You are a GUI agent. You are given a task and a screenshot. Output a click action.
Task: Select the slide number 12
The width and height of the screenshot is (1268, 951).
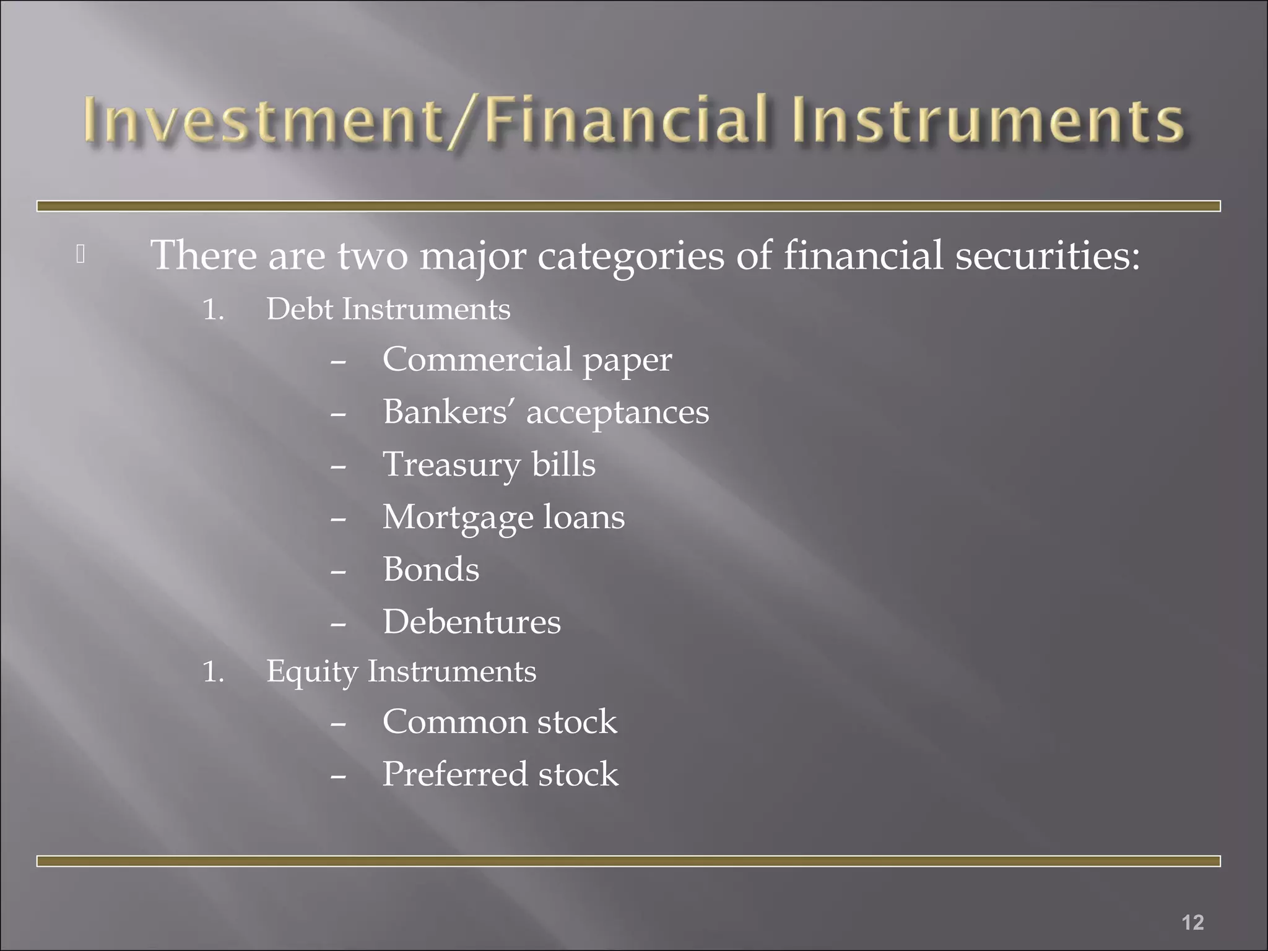pyautogui.click(x=1192, y=922)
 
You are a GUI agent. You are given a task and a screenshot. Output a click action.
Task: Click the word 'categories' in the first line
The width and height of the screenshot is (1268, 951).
pyautogui.click(x=630, y=256)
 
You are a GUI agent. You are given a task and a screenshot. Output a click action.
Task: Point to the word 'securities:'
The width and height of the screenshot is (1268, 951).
pyautogui.click(x=1047, y=255)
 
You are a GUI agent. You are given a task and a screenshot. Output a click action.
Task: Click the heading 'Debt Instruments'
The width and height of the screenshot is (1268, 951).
pyautogui.click(x=388, y=309)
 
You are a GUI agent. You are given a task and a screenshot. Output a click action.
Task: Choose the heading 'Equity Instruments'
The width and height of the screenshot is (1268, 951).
pyautogui.click(x=401, y=672)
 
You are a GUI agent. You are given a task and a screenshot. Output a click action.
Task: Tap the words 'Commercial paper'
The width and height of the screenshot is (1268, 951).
pyautogui.click(x=527, y=360)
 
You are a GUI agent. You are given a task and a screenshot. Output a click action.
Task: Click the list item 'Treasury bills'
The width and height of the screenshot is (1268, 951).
pyautogui.click(x=489, y=465)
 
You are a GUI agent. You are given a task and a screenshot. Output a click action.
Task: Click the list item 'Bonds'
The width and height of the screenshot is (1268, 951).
pyautogui.click(x=431, y=570)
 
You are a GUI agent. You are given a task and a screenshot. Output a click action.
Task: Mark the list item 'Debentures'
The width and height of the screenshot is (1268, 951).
pyautogui.click(x=472, y=622)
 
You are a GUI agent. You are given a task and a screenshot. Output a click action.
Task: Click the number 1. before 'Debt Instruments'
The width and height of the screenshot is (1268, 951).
pyautogui.click(x=213, y=310)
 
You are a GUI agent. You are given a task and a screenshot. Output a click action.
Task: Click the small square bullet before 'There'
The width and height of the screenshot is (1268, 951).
pyautogui.click(x=80, y=254)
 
